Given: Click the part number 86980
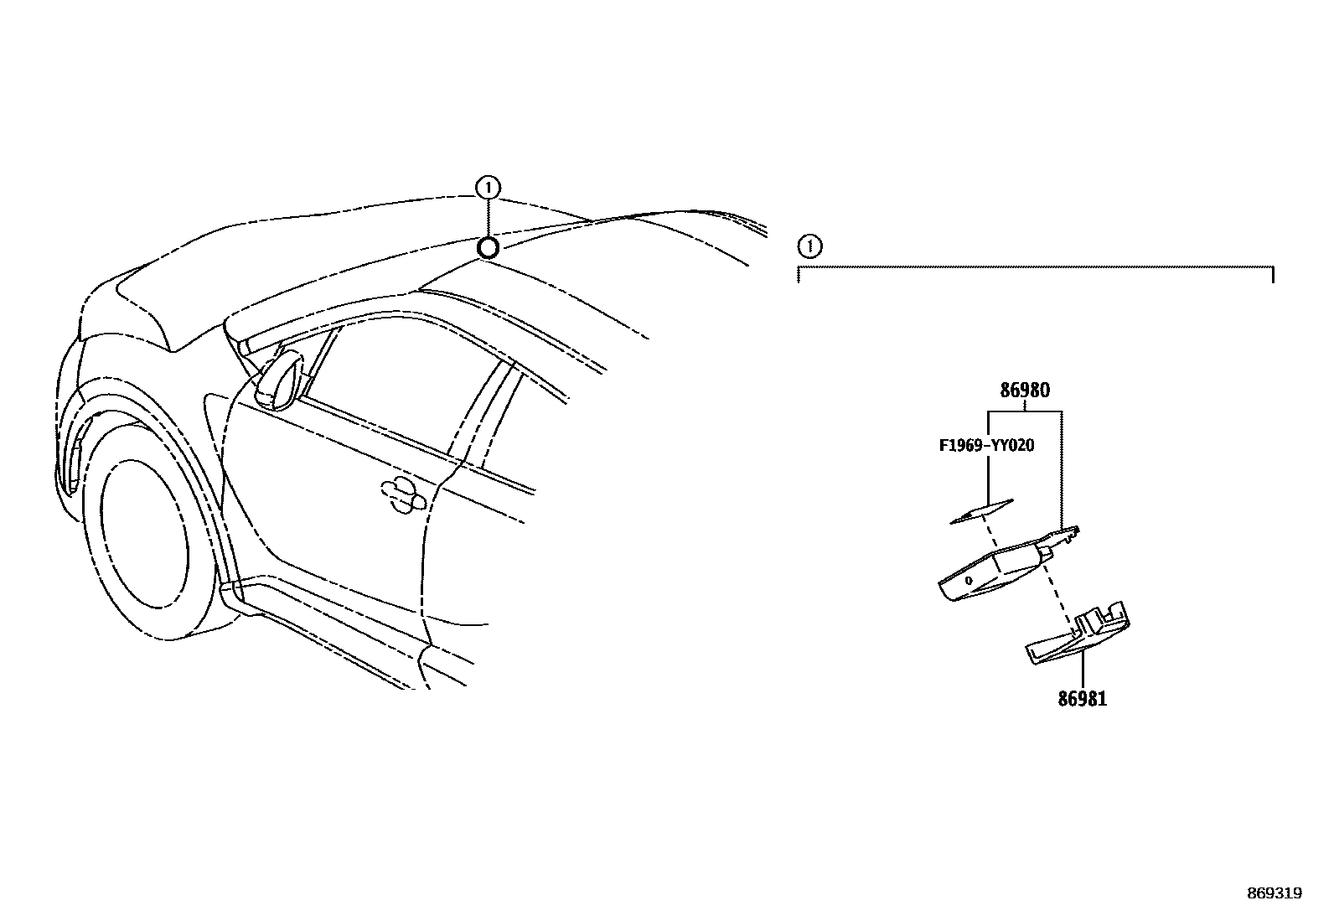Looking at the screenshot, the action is (x=1025, y=391).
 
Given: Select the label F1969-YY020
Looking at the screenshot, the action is (x=986, y=445).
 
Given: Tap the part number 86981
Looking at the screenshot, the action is (x=1082, y=699).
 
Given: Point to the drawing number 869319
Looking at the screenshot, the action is (x=1274, y=893).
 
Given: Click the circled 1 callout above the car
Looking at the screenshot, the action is (x=488, y=187).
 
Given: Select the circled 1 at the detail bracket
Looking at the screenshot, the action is (x=809, y=246).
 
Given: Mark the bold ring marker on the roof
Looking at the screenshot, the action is (x=488, y=247).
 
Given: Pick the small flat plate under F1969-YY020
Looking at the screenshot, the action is (x=981, y=511).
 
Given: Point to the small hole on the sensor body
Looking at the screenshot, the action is (x=969, y=580).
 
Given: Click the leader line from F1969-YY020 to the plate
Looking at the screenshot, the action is (x=989, y=478).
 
